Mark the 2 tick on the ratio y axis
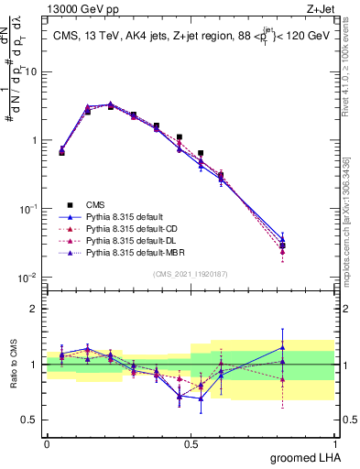pos(36,309)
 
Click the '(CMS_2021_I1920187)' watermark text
pos(191,274)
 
